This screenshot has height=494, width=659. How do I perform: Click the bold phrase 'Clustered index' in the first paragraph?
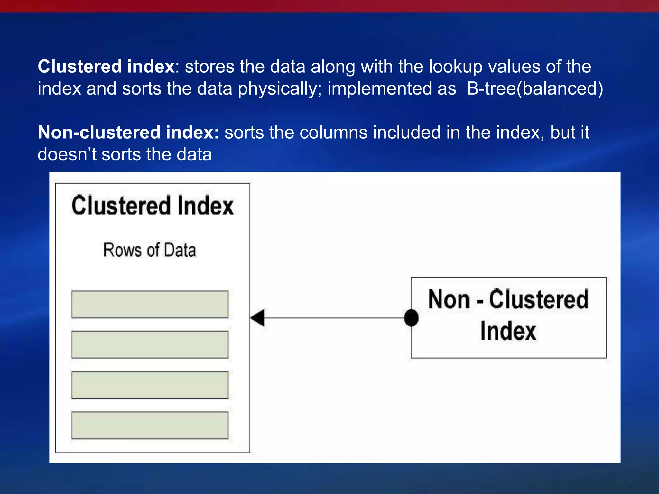pyautogui.click(x=106, y=67)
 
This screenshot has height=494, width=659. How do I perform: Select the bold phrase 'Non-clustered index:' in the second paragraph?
pyautogui.click(x=128, y=132)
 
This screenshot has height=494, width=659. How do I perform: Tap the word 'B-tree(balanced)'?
pyautogui.click(x=535, y=88)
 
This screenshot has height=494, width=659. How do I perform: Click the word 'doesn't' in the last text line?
pyautogui.click(x=67, y=154)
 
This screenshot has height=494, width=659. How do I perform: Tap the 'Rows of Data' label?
pyautogui.click(x=150, y=250)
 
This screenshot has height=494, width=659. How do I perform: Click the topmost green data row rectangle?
pyautogui.click(x=150, y=304)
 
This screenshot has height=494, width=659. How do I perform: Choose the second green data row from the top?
pyautogui.click(x=150, y=344)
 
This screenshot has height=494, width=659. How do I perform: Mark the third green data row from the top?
pyautogui.click(x=150, y=385)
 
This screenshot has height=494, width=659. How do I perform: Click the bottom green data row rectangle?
pyautogui.click(x=150, y=425)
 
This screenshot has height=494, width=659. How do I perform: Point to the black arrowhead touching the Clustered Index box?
pyautogui.click(x=258, y=318)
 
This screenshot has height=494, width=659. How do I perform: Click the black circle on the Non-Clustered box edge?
pyautogui.click(x=411, y=318)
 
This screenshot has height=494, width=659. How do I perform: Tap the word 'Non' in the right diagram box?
pyautogui.click(x=449, y=300)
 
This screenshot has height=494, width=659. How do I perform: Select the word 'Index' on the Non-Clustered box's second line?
pyautogui.click(x=508, y=331)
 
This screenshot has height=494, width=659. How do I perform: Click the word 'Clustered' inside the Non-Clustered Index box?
pyautogui.click(x=539, y=300)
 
